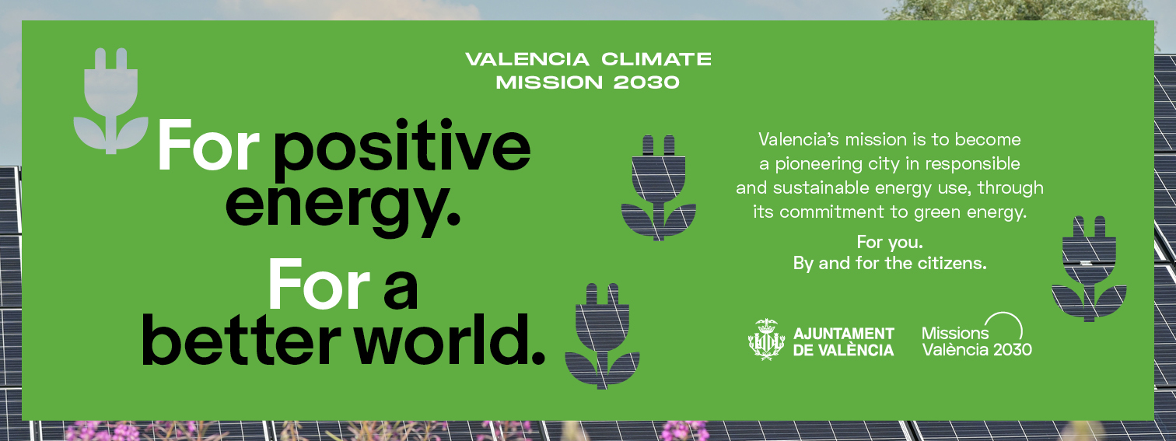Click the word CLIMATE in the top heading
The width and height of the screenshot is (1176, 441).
pos(656,59)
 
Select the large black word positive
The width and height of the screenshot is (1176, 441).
pos(401,148)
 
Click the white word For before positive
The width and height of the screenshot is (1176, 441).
pos(208,145)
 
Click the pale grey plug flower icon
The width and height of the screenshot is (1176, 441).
pos(110,101)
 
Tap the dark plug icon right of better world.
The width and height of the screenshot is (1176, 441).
pos(602,336)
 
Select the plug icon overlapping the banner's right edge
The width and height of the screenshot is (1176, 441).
pos(1089,268)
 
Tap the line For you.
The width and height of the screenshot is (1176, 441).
pos(890,242)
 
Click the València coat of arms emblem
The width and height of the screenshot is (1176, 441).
pos(766,340)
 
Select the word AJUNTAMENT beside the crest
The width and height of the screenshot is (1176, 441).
pos(844,334)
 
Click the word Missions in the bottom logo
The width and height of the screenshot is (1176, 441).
pos(955,334)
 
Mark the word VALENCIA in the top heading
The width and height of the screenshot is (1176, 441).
pos(527,59)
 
